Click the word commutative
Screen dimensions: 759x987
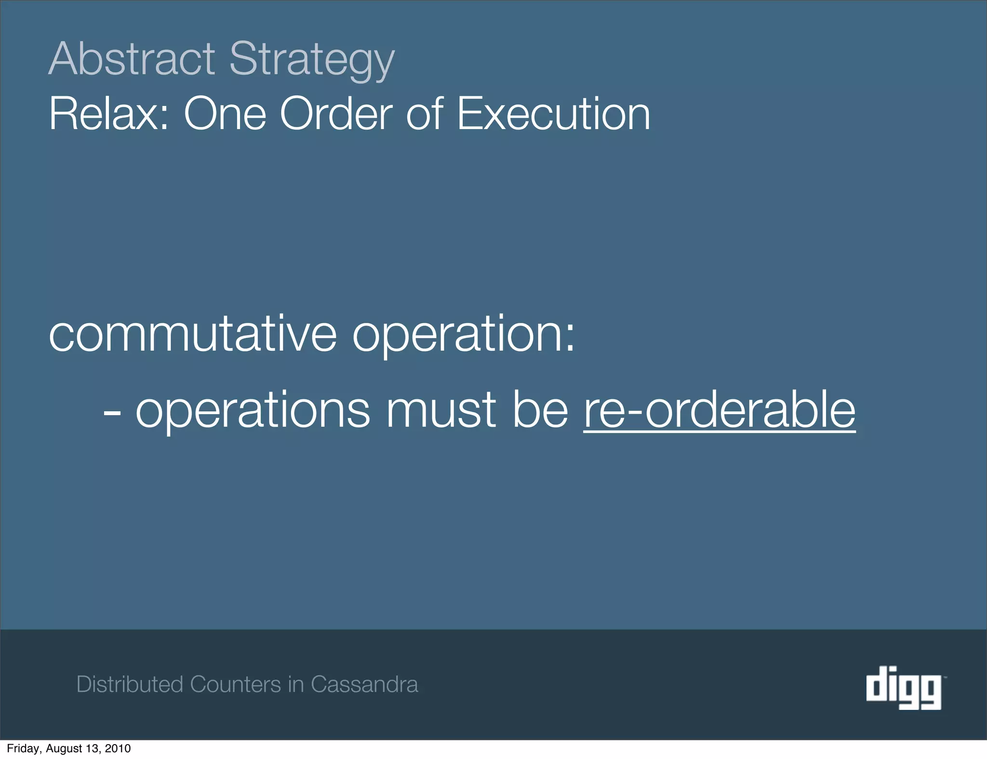click(x=192, y=334)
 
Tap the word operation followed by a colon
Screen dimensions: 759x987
click(x=463, y=334)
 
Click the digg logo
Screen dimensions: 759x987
click(x=904, y=687)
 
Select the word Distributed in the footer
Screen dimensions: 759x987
click(x=130, y=684)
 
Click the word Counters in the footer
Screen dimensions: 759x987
click(x=235, y=684)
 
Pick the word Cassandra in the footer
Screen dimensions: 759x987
click(x=364, y=684)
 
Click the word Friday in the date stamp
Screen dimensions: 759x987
click(x=23, y=748)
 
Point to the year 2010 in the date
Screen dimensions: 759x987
click(x=118, y=748)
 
